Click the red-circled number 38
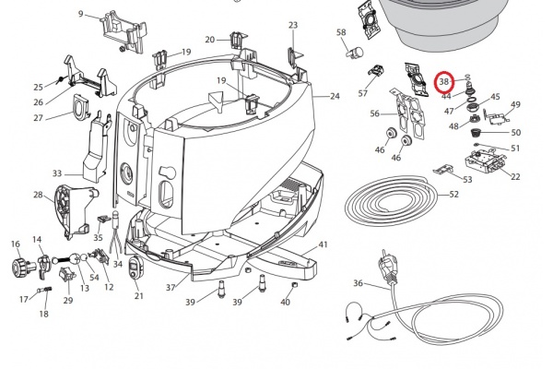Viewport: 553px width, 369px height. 444,82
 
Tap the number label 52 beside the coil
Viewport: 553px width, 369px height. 453,195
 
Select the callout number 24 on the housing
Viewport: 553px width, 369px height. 334,96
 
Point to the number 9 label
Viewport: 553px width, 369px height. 81,14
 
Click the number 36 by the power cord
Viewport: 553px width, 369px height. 359,283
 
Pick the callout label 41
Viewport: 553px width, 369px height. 323,244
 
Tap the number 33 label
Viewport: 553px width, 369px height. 57,173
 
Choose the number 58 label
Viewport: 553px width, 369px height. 341,33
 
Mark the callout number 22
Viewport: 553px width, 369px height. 514,177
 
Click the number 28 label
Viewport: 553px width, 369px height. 38,195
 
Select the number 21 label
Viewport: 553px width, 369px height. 139,295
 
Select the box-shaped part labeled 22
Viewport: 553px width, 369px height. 480,167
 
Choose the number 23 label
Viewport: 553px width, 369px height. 293,25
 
